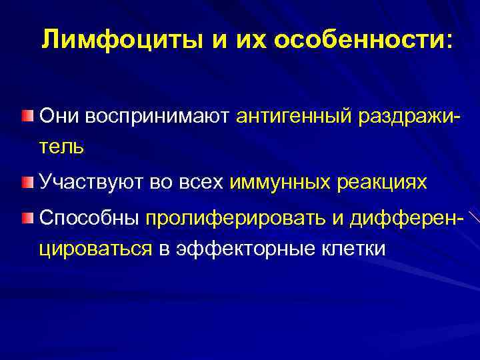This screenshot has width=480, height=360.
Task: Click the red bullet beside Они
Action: [x=26, y=117]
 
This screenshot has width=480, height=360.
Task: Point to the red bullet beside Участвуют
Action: [x=26, y=181]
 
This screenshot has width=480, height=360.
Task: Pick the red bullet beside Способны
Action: [x=26, y=218]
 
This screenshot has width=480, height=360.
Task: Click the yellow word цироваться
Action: [x=96, y=249]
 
